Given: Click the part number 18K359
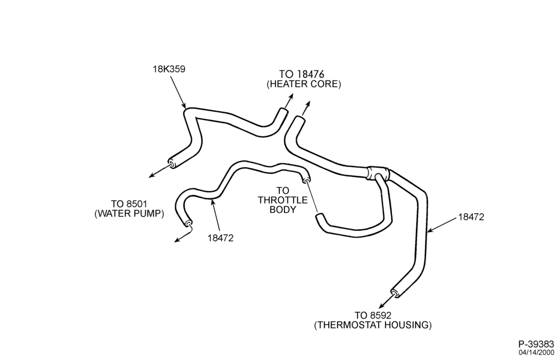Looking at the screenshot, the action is pos(169,69).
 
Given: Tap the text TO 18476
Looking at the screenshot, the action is pos(301,74).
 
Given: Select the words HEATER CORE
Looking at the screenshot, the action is pos(304,84).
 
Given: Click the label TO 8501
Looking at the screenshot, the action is pos(129,204).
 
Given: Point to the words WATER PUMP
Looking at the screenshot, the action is pos(129,214).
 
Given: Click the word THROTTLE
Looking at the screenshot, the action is pos(283,200).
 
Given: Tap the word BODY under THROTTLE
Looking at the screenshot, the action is pos(283,210).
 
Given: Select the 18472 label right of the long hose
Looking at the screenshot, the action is pos(471,217).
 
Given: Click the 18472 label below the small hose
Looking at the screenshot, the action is pos(221,238).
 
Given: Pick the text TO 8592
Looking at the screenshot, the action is pos(372,315).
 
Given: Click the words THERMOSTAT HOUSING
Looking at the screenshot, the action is pos(372,325).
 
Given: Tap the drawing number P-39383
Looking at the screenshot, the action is pos(536,344).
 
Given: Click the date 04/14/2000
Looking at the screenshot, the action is pos(536,353).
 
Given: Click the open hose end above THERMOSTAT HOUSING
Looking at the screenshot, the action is pos(395,292).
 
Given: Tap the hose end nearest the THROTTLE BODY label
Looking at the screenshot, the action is pos(306,179).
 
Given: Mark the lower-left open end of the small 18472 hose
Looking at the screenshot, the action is pos(188,224).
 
